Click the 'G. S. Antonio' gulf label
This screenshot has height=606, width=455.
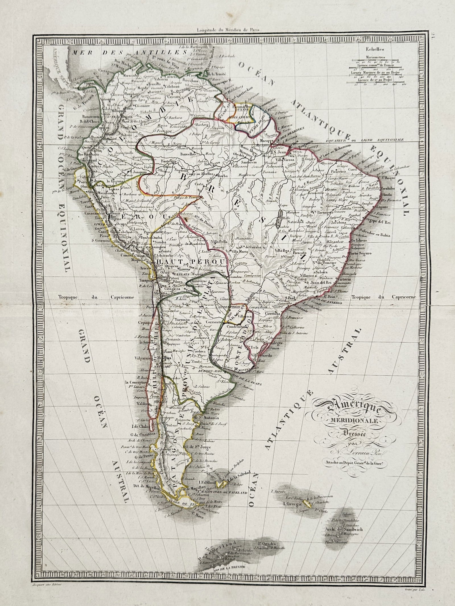[199, 418]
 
